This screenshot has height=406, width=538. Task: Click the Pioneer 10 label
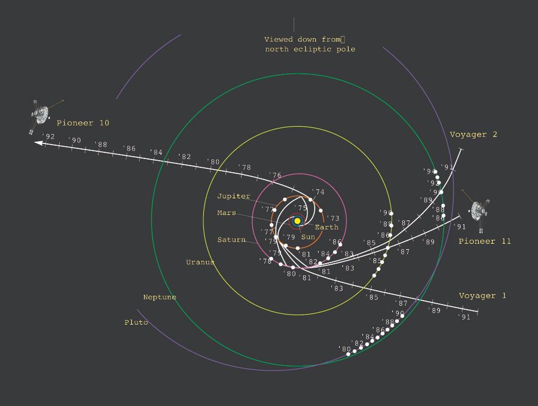pyautogui.click(x=82, y=123)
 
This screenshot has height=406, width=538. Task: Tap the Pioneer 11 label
pyautogui.click(x=484, y=241)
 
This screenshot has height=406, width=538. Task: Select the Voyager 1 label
pyautogui.click(x=482, y=296)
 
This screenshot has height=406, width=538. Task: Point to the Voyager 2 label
pyautogui.click(x=473, y=135)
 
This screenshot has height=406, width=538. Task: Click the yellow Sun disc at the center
pyautogui.click(x=297, y=221)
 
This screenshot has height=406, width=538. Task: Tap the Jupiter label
pyautogui.click(x=234, y=196)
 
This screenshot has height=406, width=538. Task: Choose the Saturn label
pyautogui.click(x=231, y=240)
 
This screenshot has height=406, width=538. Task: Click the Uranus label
pyautogui.click(x=200, y=262)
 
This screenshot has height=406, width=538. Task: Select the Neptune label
pyautogui.click(x=160, y=297)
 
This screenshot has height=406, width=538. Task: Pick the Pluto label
pyautogui.click(x=136, y=322)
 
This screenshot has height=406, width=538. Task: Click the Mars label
pyautogui.click(x=227, y=213)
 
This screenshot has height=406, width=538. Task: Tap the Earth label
pyautogui.click(x=326, y=227)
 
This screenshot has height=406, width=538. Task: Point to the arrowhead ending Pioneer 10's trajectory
pyautogui.click(x=38, y=144)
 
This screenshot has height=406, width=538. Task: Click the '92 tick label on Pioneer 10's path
pyautogui.click(x=48, y=137)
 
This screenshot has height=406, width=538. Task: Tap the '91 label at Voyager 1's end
pyautogui.click(x=464, y=317)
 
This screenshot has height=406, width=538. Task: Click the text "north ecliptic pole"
pyautogui.click(x=310, y=49)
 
